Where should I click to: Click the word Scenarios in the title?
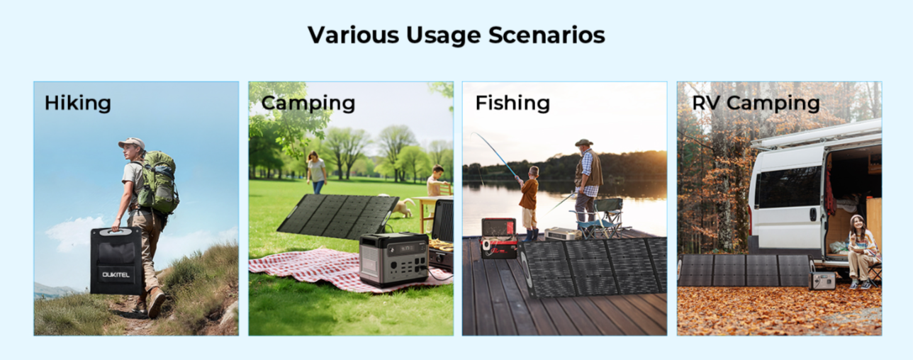tap(547, 35)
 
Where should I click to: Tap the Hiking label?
tap(78, 103)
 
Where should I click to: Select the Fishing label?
tap(512, 103)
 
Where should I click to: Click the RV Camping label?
tap(756, 103)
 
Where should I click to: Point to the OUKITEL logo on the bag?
tap(116, 274)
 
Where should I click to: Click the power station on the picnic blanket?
tap(394, 259)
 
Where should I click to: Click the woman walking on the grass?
tap(316, 173)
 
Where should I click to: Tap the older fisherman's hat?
tap(584, 142)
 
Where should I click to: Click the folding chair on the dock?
tap(602, 218)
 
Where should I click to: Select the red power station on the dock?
tap(499, 238)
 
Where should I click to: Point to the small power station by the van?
tap(822, 281)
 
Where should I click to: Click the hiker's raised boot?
tap(157, 303)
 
